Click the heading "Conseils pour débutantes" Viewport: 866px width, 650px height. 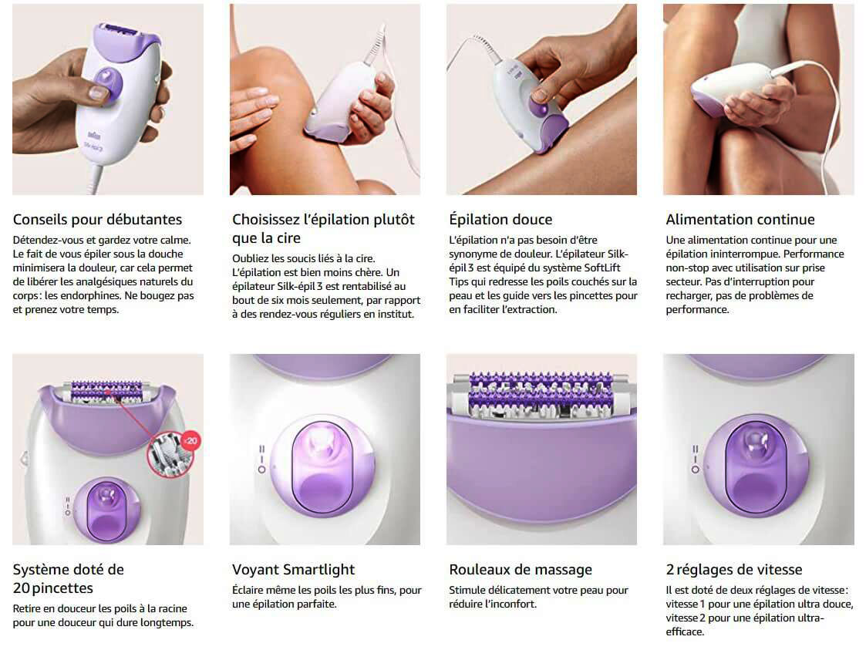[x=97, y=220]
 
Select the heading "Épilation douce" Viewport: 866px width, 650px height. [x=500, y=219]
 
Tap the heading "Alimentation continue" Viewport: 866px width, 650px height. [x=740, y=220]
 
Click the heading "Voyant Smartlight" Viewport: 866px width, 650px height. [x=293, y=570]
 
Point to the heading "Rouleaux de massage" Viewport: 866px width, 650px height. [x=521, y=570]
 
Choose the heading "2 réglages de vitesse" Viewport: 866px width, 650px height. [x=734, y=570]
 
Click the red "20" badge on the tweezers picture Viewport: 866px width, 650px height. [x=191, y=441]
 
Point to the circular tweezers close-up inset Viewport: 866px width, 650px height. [x=168, y=454]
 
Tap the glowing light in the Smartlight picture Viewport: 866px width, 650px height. [x=318, y=441]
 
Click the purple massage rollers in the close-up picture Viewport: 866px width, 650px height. [x=540, y=392]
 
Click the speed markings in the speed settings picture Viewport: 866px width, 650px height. [x=695, y=458]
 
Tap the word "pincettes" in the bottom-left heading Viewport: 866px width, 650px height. [x=62, y=588]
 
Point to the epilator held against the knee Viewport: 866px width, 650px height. [x=342, y=103]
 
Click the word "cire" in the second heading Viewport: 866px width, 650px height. [x=288, y=238]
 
